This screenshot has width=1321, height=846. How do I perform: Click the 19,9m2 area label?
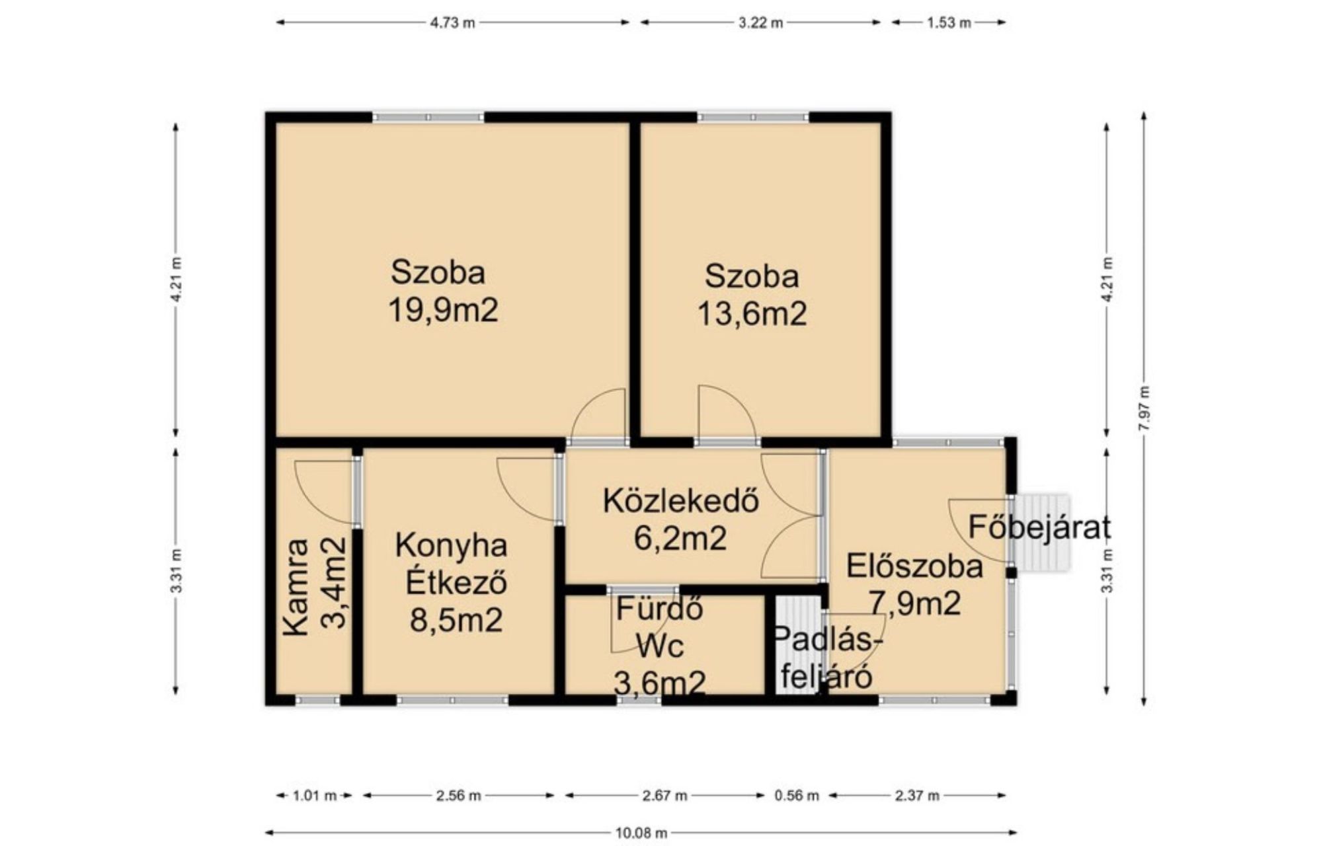tap(443, 310)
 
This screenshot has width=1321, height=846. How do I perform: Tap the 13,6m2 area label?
tap(752, 313)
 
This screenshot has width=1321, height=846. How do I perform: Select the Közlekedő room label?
tap(680, 501)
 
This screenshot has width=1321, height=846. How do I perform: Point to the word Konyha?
tap(452, 546)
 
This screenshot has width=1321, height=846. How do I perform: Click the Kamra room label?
tap(296, 588)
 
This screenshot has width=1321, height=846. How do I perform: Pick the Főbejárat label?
tap(1039, 527)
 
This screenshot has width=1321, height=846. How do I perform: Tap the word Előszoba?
tap(914, 567)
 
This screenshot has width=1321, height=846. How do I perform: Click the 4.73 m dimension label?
tap(452, 22)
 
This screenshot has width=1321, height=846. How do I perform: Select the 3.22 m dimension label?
tap(760, 22)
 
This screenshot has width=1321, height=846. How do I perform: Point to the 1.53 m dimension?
tap(949, 22)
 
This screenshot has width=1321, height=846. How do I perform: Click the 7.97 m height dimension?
tap(1144, 408)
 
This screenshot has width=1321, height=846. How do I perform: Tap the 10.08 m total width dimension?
tap(641, 833)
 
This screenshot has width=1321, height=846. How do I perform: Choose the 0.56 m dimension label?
tap(797, 796)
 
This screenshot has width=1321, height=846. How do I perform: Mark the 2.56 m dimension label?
tap(458, 796)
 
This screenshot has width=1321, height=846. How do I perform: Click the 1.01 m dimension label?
tap(315, 796)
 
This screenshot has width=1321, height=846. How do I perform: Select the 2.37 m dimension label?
tap(917, 796)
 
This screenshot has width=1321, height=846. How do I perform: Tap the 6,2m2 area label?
tap(680, 538)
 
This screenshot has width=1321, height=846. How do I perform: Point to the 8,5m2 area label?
tap(456, 620)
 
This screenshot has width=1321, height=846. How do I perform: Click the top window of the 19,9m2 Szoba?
tap(428, 118)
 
